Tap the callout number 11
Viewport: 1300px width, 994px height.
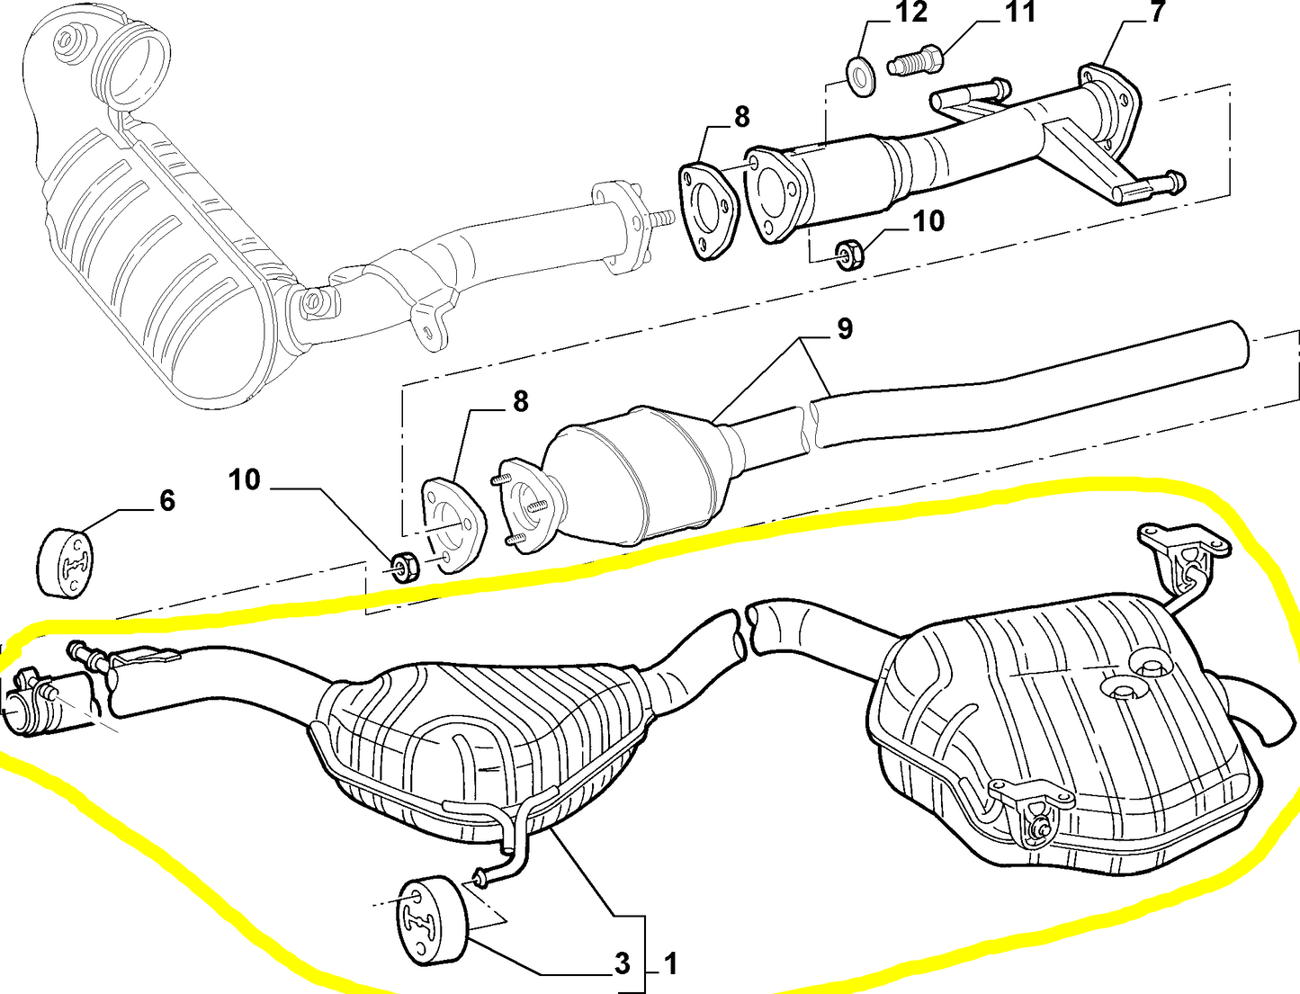pos(1020,13)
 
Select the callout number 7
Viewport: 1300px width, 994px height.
pos(1157,13)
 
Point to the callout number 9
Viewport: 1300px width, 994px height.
pos(844,328)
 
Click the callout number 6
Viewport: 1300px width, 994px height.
pos(167,500)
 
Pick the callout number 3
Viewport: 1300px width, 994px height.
pos(622,964)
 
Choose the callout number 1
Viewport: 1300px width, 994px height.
pos(670,964)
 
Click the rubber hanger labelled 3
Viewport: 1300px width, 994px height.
pos(430,921)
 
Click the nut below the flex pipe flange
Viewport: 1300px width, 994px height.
pos(849,255)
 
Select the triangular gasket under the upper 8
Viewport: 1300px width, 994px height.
pos(707,210)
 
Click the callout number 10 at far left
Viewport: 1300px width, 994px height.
pos(244,479)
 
